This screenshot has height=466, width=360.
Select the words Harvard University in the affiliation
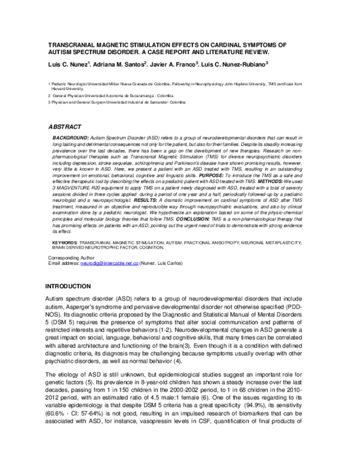pos(68,89)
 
